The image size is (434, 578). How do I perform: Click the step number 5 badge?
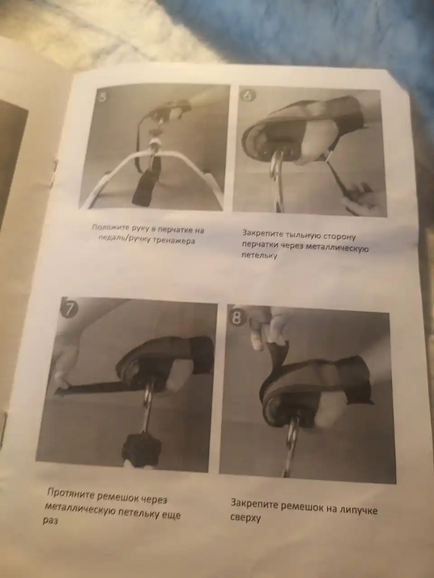[x=103, y=98]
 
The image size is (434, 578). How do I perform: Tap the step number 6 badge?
[x=248, y=96]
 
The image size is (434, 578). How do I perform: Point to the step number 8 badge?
[x=236, y=317]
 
